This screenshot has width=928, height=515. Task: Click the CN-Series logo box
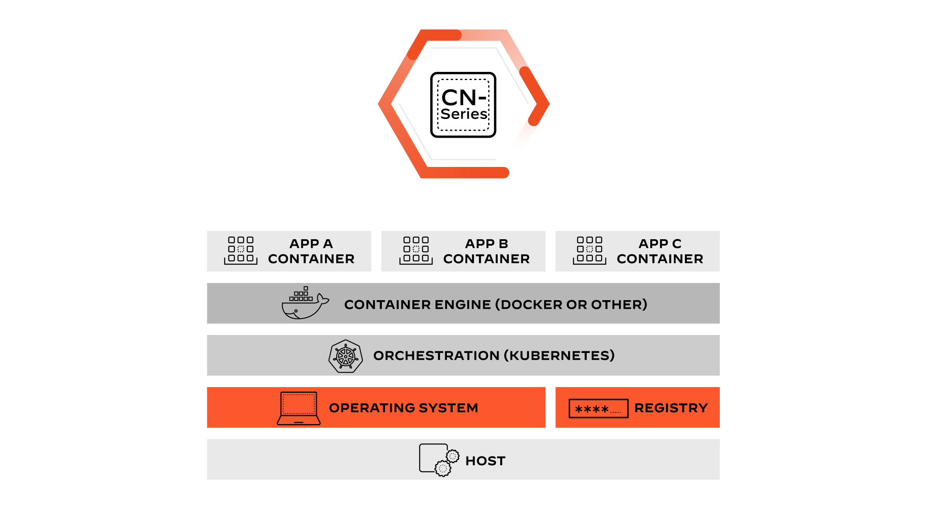pyautogui.click(x=463, y=105)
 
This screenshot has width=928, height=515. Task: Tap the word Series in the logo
pyautogui.click(x=464, y=114)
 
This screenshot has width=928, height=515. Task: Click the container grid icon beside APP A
pyautogui.click(x=241, y=250)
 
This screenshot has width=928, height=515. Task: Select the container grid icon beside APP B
pyautogui.click(x=416, y=250)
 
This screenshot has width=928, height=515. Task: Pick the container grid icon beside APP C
pyautogui.click(x=590, y=250)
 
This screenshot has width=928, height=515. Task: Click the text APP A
pyautogui.click(x=311, y=244)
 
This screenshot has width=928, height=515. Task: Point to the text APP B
pyautogui.click(x=486, y=244)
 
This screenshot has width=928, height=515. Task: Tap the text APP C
pyautogui.click(x=660, y=244)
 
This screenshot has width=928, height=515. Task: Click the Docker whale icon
pyautogui.click(x=304, y=303)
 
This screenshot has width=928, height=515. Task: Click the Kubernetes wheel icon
pyautogui.click(x=346, y=356)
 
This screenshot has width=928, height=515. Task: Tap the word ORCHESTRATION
pyautogui.click(x=436, y=356)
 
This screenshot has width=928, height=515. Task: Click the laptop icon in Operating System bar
pyautogui.click(x=299, y=408)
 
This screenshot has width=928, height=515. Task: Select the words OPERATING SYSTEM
pyautogui.click(x=403, y=408)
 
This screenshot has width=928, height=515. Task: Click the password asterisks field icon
pyautogui.click(x=598, y=409)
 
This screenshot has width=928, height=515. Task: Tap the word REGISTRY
pyautogui.click(x=671, y=408)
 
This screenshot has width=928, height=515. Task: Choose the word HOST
pyautogui.click(x=485, y=461)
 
